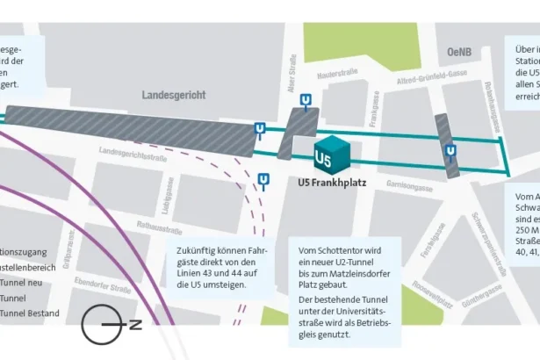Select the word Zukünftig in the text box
(x=198, y=249)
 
